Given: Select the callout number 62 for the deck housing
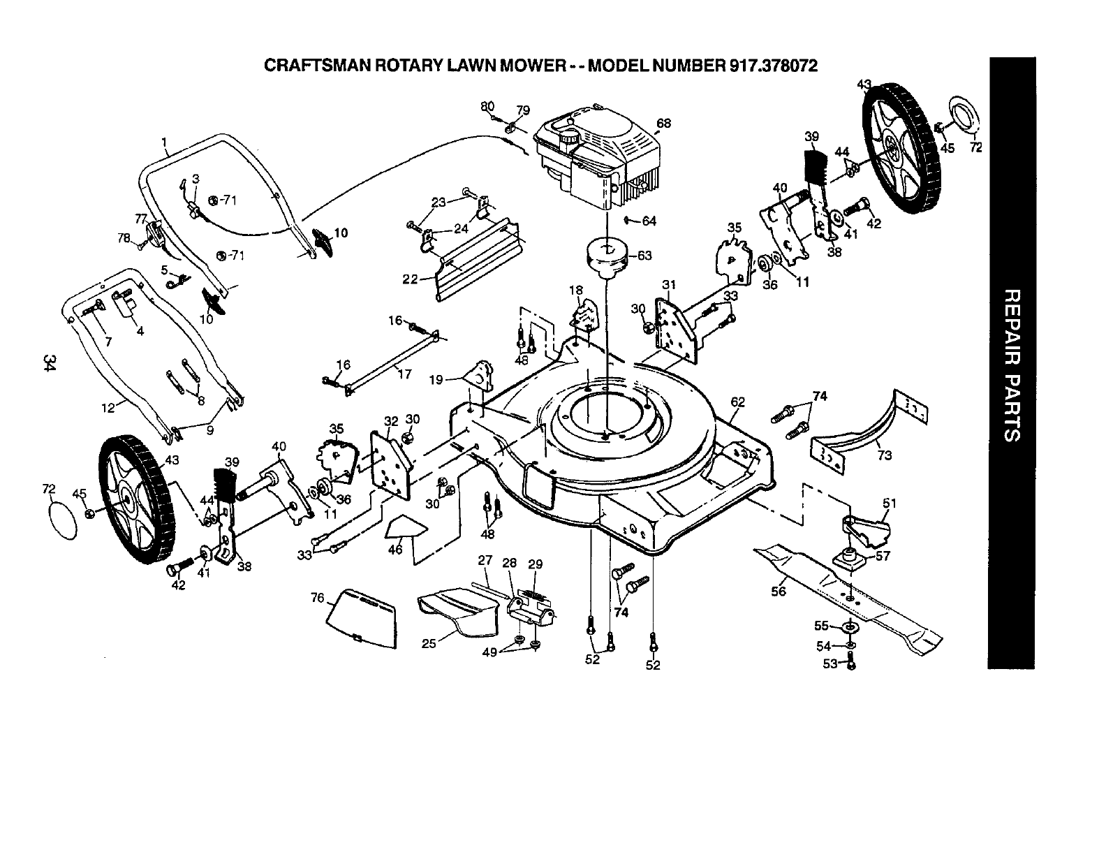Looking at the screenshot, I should click(737, 402).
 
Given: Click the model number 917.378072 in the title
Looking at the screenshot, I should click(773, 66).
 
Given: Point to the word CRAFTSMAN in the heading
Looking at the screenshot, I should click(327, 66).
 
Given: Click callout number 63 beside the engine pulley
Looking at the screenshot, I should click(644, 256).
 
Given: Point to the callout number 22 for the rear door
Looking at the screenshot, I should click(410, 279).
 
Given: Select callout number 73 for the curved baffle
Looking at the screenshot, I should click(884, 455).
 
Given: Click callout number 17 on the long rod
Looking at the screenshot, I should click(404, 374).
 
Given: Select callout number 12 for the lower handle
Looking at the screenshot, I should click(108, 408).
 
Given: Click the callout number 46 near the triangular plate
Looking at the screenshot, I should click(395, 549).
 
